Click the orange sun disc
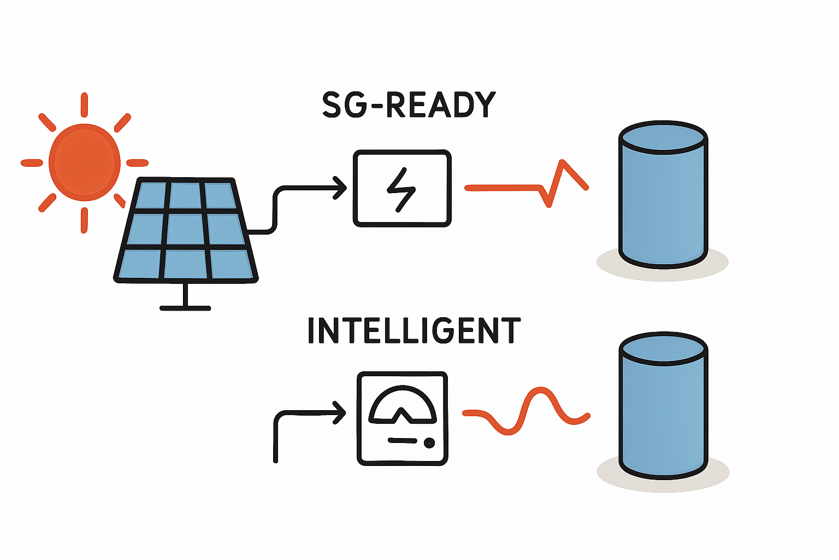(x=85, y=162)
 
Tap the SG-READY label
(x=409, y=105)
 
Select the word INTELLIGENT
(x=414, y=330)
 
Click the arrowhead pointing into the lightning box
(x=341, y=189)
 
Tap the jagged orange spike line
(x=557, y=184)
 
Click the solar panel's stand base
(x=185, y=308)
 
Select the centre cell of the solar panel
(x=186, y=230)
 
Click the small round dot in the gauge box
(x=429, y=442)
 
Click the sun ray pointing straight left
(x=32, y=162)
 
